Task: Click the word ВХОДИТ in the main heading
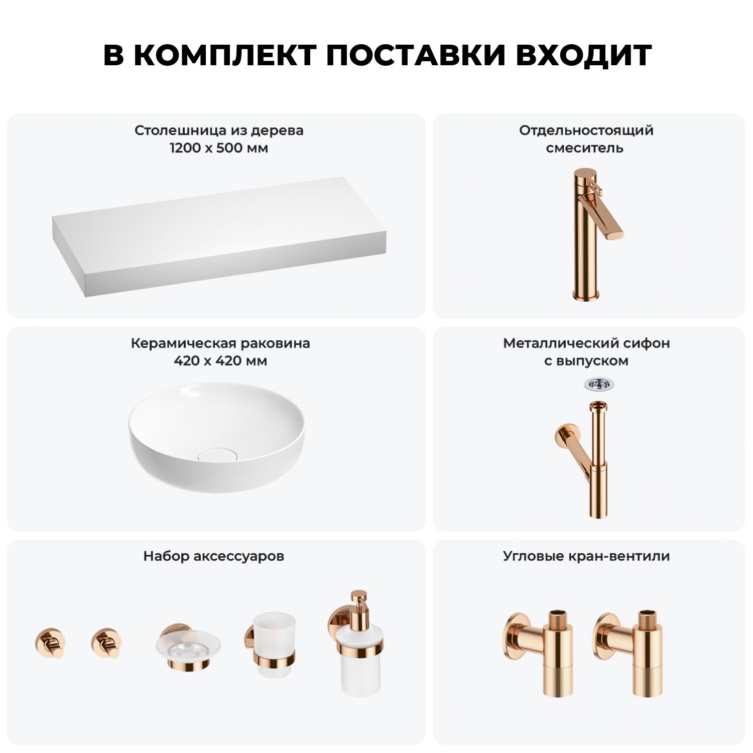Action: tap(583, 55)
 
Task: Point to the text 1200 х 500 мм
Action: tap(219, 148)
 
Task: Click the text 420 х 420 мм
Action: tap(220, 361)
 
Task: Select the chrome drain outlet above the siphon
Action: tap(599, 385)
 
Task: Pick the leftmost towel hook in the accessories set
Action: tap(50, 643)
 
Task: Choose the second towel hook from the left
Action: tap(106, 643)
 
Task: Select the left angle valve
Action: tap(537, 653)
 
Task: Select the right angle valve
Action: tap(627, 653)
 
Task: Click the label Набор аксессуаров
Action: tap(214, 556)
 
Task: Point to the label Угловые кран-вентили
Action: tap(586, 556)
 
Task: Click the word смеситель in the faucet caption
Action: tap(585, 148)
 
